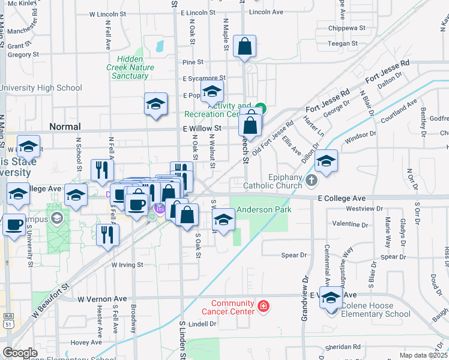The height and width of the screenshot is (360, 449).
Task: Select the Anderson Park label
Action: [264, 209]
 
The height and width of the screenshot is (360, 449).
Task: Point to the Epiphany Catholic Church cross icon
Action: [311, 180]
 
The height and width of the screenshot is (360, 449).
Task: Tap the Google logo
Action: [20, 353]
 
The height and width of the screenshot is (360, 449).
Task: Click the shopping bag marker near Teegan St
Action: [244, 47]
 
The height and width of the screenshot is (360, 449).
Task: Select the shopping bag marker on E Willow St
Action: [250, 126]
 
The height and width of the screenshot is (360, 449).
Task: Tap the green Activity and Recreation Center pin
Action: [260, 109]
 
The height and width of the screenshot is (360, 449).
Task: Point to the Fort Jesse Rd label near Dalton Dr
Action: [390, 67]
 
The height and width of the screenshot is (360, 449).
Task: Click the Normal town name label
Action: [65, 127]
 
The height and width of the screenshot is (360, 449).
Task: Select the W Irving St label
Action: [127, 264]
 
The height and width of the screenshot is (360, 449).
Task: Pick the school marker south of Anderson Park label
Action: [224, 220]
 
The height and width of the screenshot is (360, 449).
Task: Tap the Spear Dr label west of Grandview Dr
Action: [294, 255]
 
